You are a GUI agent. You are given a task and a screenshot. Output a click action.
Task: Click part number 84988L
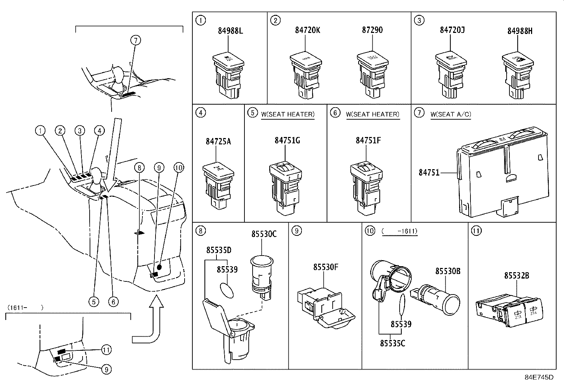pyautogui.click(x=230, y=31)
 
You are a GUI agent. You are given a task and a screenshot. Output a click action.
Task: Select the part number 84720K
pyautogui.click(x=307, y=30)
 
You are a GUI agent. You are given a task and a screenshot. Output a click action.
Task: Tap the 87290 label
pyautogui.click(x=372, y=30)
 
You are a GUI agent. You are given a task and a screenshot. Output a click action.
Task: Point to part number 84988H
pyautogui.click(x=520, y=31)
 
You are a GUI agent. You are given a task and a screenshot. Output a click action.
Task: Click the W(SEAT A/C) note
pyautogui.click(x=451, y=114)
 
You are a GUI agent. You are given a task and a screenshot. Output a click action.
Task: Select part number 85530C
pyautogui.click(x=264, y=234)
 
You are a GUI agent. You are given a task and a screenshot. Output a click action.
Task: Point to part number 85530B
pyautogui.click(x=448, y=271)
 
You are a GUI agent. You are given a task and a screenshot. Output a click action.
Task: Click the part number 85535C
pyautogui.click(x=392, y=343)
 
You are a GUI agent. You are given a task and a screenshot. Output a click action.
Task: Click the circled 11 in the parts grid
pyautogui.click(x=476, y=231)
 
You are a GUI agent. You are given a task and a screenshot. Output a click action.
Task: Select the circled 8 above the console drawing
pyautogui.click(x=140, y=167)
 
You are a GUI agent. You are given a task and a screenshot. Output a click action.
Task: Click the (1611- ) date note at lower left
pyautogui.click(x=24, y=308)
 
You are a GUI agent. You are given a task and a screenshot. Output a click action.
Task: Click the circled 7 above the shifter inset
pyautogui.click(x=135, y=41)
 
